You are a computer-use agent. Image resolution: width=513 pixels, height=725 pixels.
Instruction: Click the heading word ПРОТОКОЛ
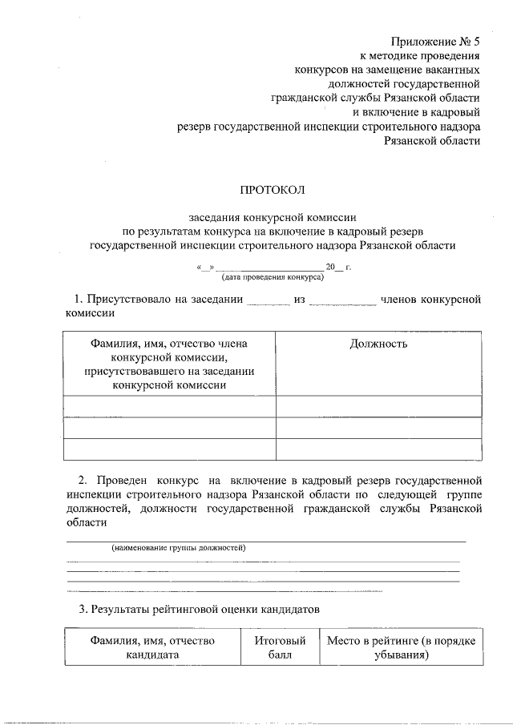tap(273, 190)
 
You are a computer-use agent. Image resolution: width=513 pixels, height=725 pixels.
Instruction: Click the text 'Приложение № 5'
tap(436, 40)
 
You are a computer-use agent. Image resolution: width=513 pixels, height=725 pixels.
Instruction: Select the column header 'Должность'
tap(378, 344)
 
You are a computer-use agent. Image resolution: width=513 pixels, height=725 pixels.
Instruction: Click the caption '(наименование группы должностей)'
tap(178, 548)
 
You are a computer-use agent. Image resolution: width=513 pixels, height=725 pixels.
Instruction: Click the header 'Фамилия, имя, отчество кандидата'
tap(154, 647)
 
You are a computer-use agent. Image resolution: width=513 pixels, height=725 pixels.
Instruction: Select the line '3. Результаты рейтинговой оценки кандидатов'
tap(199, 609)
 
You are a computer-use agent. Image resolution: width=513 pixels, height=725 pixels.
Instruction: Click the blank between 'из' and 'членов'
tap(342, 301)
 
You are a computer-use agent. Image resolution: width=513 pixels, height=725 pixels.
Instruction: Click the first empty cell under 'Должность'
tap(378, 406)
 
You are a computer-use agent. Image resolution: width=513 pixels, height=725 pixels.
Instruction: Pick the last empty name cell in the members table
tap(169, 449)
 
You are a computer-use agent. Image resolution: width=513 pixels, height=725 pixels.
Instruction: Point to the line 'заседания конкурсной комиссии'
tap(273, 217)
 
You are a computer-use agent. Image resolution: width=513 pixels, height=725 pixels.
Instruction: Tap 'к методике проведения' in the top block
tap(419, 57)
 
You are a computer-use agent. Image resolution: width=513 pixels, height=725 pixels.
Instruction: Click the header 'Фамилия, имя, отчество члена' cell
tap(169, 364)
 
